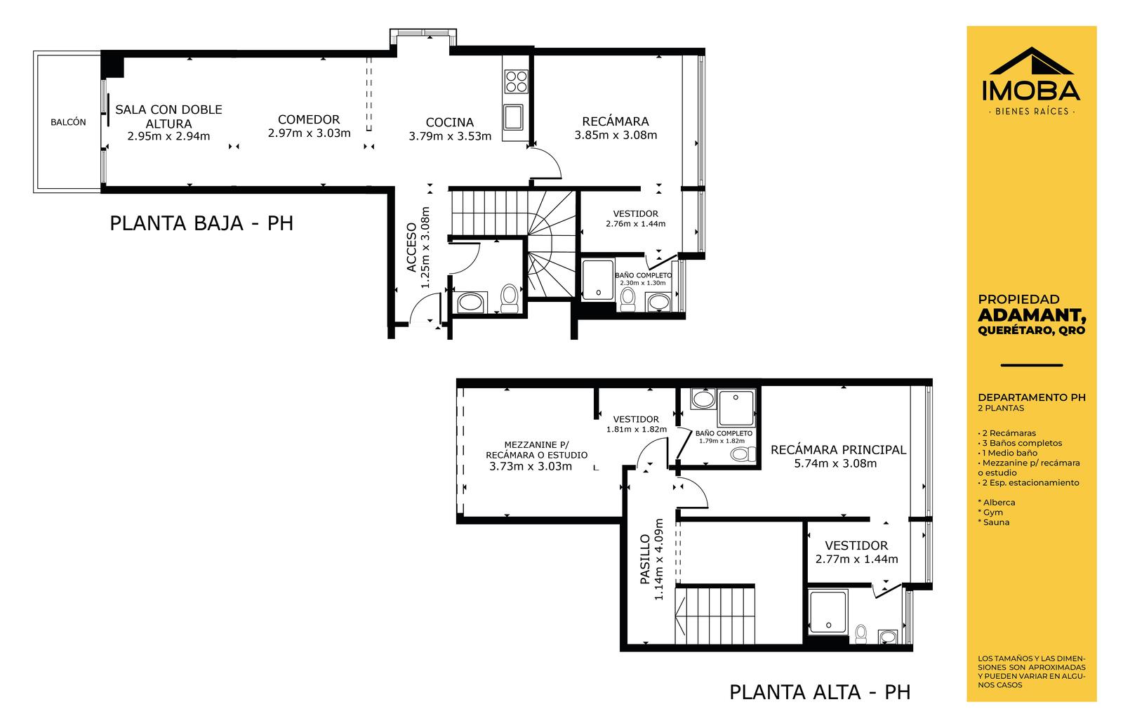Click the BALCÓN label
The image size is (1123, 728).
[x=68, y=122]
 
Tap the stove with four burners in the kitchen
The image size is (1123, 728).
[x=516, y=81]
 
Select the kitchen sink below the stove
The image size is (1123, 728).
[x=513, y=117]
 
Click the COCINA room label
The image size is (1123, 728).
[x=450, y=122]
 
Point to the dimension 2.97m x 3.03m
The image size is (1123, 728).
[x=310, y=133]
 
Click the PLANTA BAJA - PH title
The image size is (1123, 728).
[x=201, y=223]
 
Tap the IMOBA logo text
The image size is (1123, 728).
[x=1031, y=91]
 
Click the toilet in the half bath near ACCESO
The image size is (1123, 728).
[x=510, y=299]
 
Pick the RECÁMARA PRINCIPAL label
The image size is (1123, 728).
[x=838, y=450]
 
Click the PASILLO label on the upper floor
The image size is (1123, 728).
[x=645, y=560]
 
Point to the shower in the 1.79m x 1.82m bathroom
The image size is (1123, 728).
[x=736, y=407]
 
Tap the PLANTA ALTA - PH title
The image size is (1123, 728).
[x=820, y=692]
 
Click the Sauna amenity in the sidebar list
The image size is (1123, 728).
[x=994, y=522]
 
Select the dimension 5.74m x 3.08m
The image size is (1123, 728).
[x=835, y=464]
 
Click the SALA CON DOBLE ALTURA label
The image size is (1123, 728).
[x=169, y=117]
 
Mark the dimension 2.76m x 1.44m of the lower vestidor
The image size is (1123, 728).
[x=636, y=224]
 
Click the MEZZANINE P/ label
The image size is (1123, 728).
[x=537, y=444]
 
